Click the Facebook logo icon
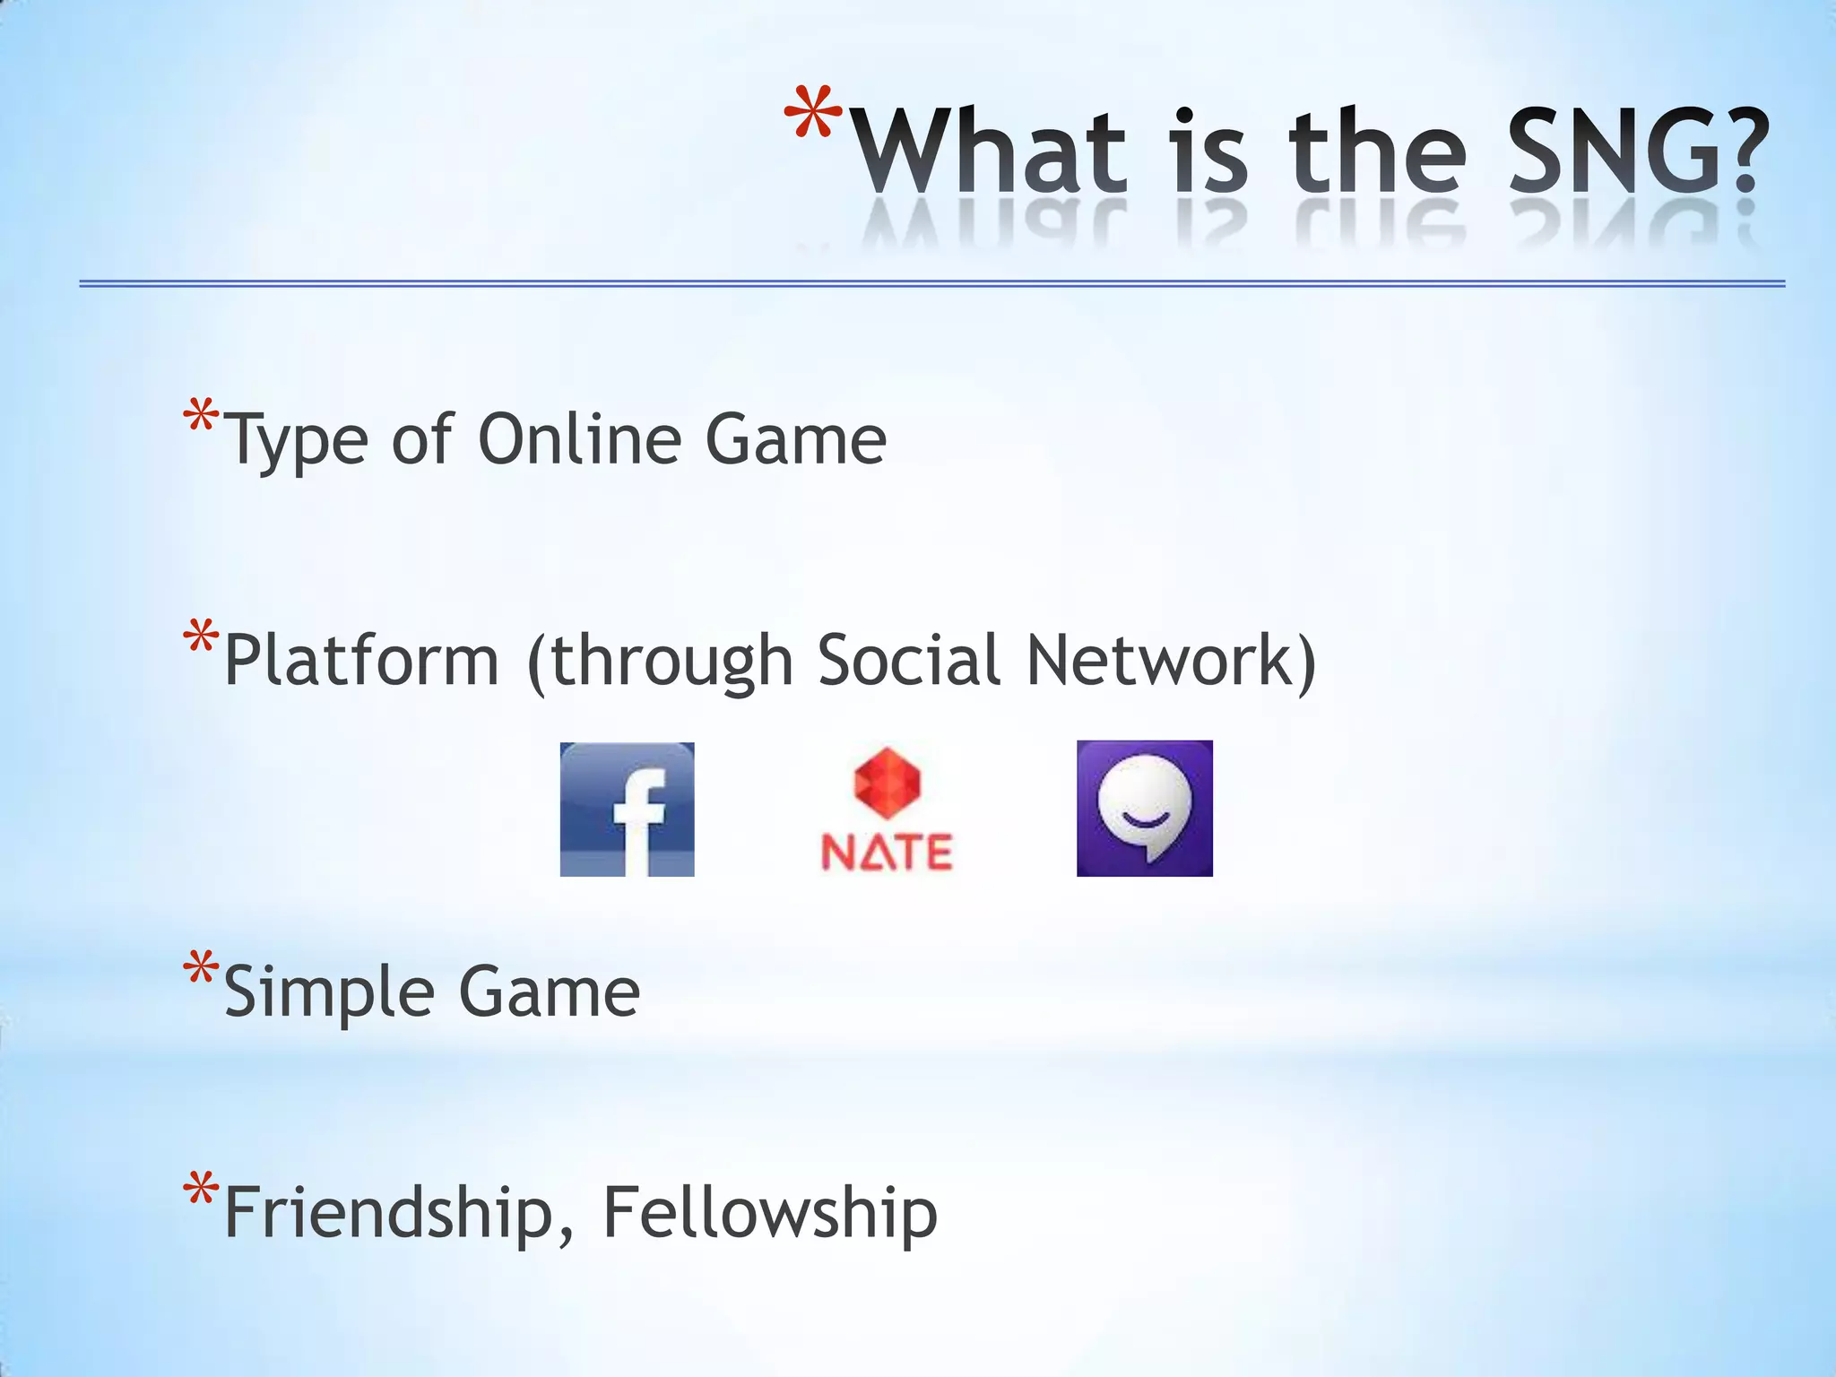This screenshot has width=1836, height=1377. tap(627, 809)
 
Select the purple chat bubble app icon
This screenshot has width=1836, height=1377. tap(1144, 808)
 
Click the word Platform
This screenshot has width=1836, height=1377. tap(361, 660)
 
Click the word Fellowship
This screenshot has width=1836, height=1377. tap(770, 1212)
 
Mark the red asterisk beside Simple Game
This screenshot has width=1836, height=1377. tap(201, 971)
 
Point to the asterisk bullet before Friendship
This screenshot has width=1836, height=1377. tap(201, 1191)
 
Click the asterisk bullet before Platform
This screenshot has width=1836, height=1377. tap(201, 639)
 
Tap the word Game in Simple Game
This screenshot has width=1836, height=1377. tap(550, 992)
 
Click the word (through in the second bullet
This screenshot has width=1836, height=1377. tap(661, 662)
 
